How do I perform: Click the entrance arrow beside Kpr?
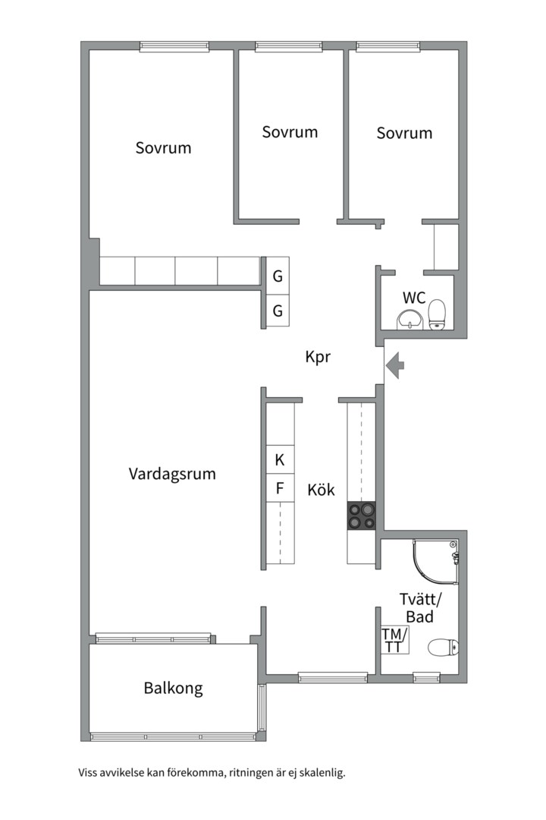pos(394,366)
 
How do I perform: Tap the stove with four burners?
pos(362,516)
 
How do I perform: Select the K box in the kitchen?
pos(279,459)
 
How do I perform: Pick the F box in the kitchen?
pos(279,488)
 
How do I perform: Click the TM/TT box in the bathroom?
pos(394,639)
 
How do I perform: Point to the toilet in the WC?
pos(437,315)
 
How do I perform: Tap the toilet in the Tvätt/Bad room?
pos(443,648)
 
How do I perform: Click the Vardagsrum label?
pos(172,474)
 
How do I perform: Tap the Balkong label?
pos(174,689)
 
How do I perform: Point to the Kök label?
pos(321,490)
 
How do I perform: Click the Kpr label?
pos(317,357)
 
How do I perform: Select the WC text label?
pos(414,296)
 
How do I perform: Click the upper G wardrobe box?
pos(278,276)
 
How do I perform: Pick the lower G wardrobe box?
pos(278,311)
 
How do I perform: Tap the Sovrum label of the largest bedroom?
pos(163,147)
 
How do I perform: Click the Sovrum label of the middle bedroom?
pos(290,131)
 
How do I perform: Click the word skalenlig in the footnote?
pos(322,773)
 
